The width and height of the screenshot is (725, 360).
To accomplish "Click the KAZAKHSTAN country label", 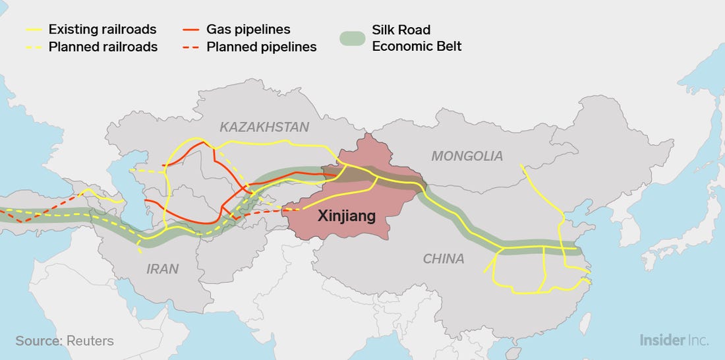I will click(x=264, y=127).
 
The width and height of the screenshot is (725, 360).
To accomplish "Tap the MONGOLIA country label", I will click(x=467, y=156).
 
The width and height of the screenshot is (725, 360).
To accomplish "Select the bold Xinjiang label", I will click(x=346, y=216).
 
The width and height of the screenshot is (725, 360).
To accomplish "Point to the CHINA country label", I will click(x=444, y=259).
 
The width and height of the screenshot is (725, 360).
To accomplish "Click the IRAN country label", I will click(x=162, y=269).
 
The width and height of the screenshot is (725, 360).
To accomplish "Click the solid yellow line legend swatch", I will click(x=36, y=30).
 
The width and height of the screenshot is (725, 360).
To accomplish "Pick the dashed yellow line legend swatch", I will click(x=36, y=47).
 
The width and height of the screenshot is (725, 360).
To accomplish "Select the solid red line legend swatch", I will click(x=192, y=30).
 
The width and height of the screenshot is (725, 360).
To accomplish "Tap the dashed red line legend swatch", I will click(x=192, y=47).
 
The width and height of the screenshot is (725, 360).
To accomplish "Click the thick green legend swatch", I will click(x=353, y=38).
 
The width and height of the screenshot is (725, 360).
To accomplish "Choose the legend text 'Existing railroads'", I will click(x=102, y=30).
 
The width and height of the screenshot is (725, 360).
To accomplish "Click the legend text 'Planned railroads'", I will click(x=103, y=47).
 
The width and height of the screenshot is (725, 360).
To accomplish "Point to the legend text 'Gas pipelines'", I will click(x=248, y=30).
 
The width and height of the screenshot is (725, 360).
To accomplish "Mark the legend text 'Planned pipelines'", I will click(x=261, y=47).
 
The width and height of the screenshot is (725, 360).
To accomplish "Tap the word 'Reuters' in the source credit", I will click(x=90, y=341).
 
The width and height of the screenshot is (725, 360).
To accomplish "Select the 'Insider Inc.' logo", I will click(x=674, y=340).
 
